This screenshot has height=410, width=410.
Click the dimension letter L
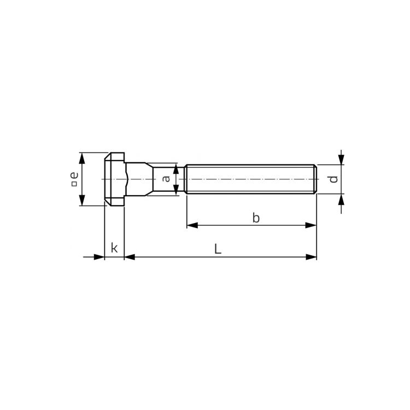coord(218,249)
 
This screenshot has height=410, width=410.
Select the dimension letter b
coord(256,218)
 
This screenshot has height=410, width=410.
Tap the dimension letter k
coord(114,248)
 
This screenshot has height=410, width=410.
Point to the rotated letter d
coord(333,179)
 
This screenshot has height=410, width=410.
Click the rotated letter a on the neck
coord(166,179)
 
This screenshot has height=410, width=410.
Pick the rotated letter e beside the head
coord(74,175)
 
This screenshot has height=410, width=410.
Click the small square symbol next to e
coord(74,184)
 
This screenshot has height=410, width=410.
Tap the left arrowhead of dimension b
coord(192,225)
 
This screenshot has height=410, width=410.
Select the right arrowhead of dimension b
coord(311,225)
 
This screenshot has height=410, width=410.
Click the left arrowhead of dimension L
coord(130,257)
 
